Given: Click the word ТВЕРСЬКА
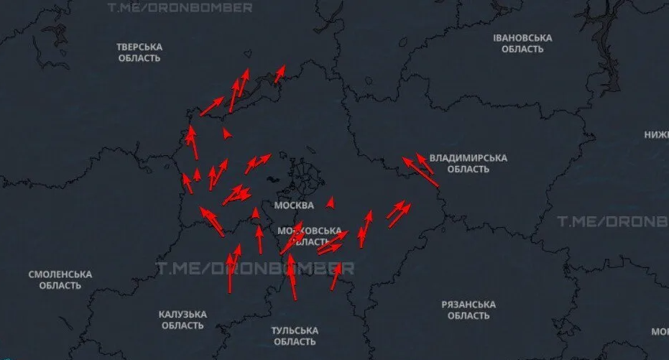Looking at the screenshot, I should pyautogui.click(x=139, y=47).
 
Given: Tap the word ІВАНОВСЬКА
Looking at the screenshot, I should pyautogui.click(x=522, y=37).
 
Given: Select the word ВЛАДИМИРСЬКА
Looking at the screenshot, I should pyautogui.click(x=468, y=158).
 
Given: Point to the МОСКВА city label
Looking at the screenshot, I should pyautogui.click(x=294, y=206).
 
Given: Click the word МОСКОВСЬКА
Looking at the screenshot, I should pyautogui.click(x=310, y=231).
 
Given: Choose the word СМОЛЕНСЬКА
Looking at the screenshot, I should pyautogui.click(x=60, y=274).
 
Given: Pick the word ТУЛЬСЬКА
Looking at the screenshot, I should pyautogui.click(x=295, y=331).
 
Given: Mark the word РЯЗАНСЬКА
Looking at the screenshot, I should pyautogui.click(x=469, y=305).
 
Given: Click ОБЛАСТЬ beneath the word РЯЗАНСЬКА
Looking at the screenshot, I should pyautogui.click(x=469, y=316).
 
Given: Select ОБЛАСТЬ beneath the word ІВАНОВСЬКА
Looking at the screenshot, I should pyautogui.click(x=522, y=50).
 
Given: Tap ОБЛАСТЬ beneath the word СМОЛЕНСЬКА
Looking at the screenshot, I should pyautogui.click(x=60, y=286).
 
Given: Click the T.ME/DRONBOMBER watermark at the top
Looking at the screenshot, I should pyautogui.click(x=180, y=8).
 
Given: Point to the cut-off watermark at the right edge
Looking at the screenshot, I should pyautogui.click(x=613, y=221).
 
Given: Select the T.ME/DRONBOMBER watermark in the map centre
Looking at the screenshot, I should pyautogui.click(x=255, y=268).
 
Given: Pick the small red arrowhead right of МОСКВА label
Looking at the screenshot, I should pyautogui.click(x=331, y=203).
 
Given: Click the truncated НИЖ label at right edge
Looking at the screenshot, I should pyautogui.click(x=656, y=134).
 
